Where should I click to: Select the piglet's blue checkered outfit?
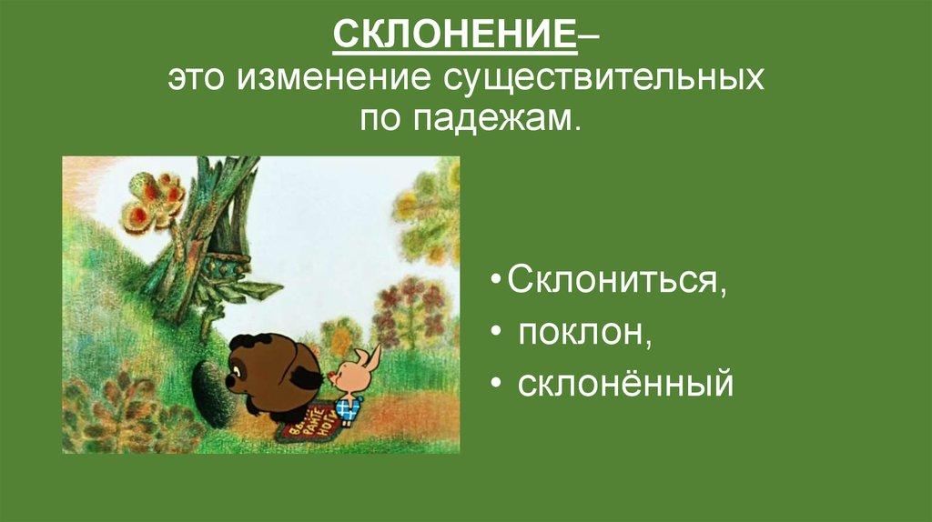tap(347, 407)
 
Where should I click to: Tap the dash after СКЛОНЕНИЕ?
tap(588, 40)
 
